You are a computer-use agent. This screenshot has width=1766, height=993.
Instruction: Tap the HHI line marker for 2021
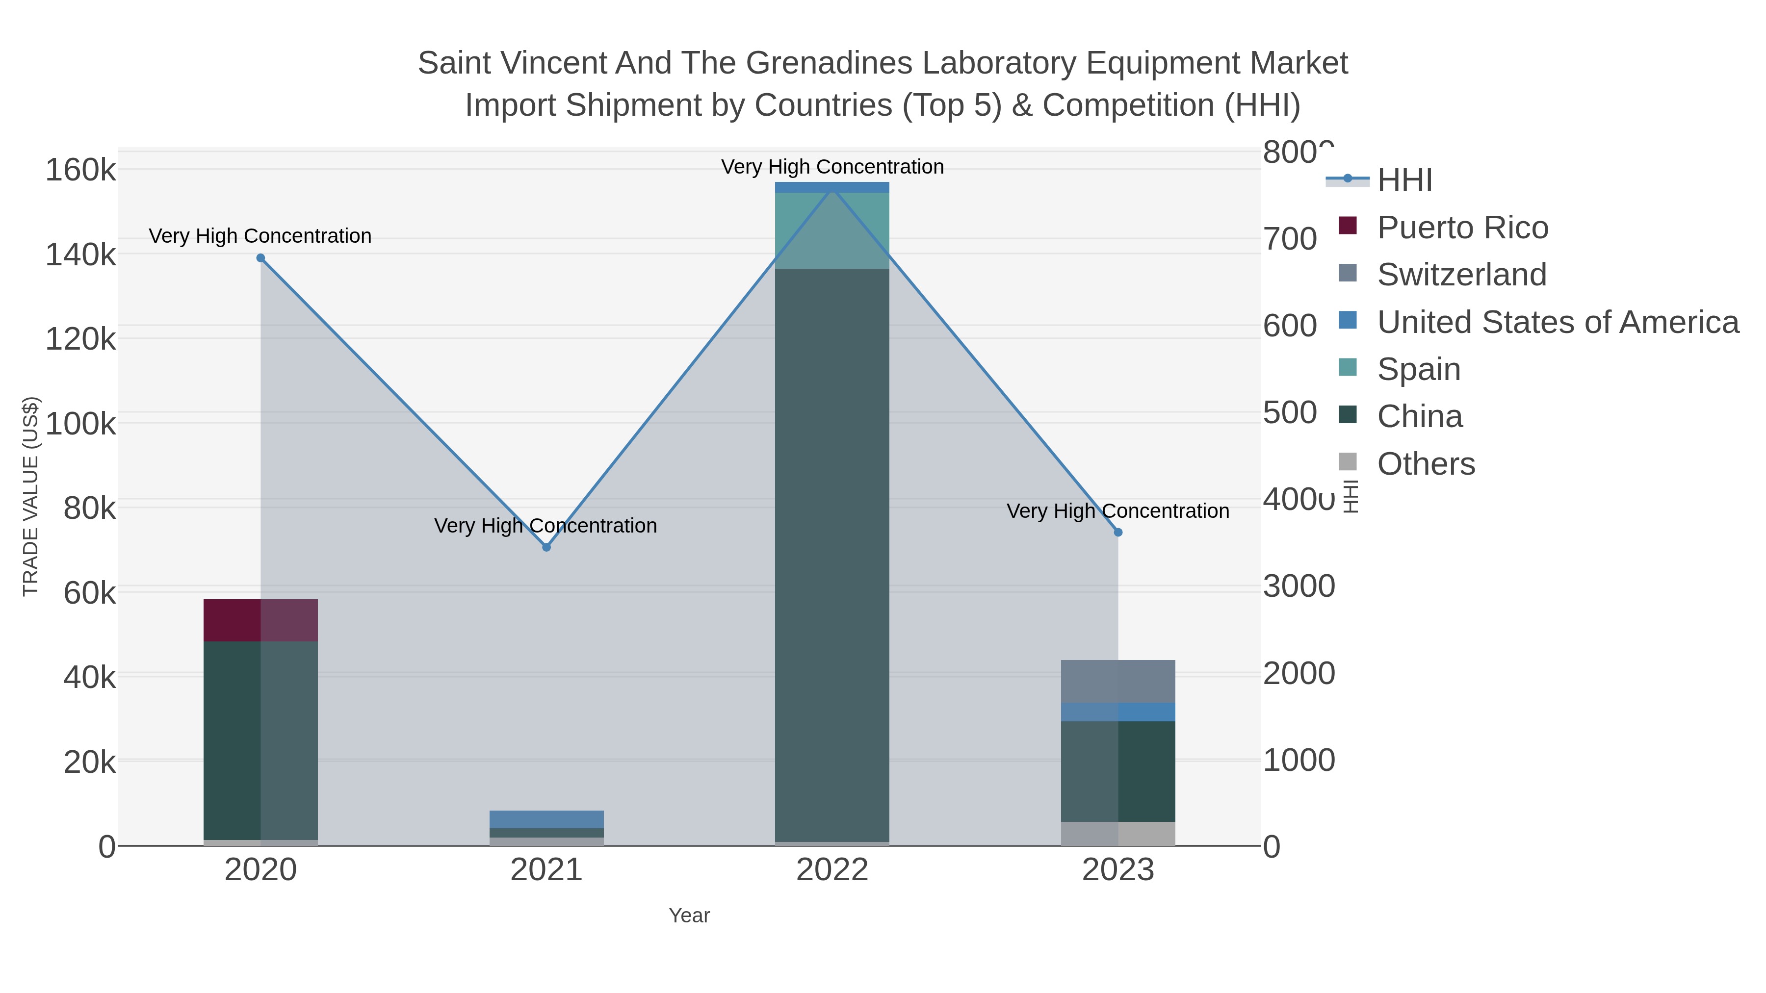tap(546, 547)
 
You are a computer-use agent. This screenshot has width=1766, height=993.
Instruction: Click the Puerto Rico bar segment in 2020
tap(260, 620)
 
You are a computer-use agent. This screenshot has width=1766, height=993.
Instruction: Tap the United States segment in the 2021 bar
tap(546, 819)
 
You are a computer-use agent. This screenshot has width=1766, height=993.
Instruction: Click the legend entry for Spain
tap(1418, 369)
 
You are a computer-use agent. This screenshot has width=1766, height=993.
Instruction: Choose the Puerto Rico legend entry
tap(1462, 228)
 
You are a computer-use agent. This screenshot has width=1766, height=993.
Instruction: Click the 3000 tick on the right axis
tap(1299, 586)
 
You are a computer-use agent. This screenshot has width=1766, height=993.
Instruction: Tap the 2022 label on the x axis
tap(831, 870)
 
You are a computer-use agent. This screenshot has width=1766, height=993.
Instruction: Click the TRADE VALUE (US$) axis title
tap(31, 496)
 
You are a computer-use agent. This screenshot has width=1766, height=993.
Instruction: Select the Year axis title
tap(689, 916)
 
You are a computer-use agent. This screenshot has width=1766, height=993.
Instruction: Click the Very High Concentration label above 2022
tap(831, 167)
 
